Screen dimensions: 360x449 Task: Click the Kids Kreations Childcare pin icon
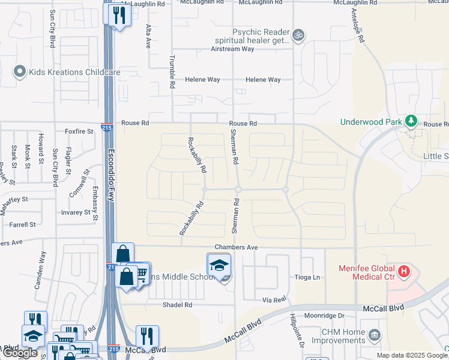[x=19, y=72]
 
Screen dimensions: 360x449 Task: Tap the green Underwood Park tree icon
[x=411, y=121]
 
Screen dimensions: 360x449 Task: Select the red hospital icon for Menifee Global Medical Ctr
[x=404, y=272]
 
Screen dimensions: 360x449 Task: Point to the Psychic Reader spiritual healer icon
[x=298, y=35]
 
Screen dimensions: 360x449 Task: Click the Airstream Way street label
[x=232, y=49]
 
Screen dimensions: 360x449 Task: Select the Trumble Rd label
[x=172, y=73]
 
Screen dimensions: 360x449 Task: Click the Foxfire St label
[x=79, y=131]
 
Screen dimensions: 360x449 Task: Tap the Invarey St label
[x=76, y=212]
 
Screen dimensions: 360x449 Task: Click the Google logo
[x=20, y=353]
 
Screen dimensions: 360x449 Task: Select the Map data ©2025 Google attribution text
[x=411, y=355]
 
